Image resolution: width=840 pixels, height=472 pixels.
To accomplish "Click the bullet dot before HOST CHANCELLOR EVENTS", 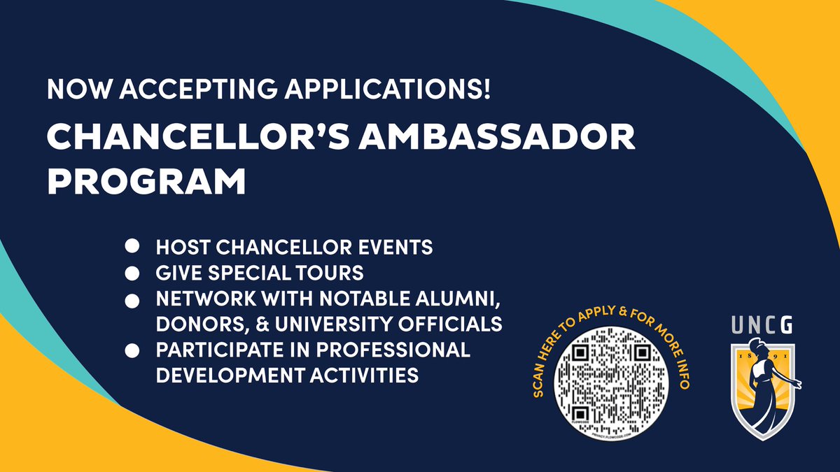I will click(x=131, y=247).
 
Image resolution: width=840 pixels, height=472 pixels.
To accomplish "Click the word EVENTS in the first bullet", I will click(x=400, y=247).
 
